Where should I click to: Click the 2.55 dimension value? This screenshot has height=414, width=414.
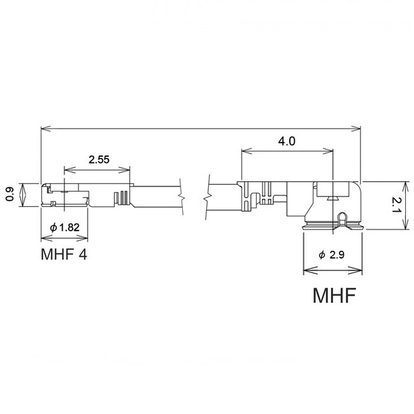[97, 160]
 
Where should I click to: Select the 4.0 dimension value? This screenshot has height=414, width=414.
[287, 141]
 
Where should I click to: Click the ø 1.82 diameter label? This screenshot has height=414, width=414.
[65, 227]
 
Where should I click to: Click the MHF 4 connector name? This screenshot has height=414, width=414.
[64, 256]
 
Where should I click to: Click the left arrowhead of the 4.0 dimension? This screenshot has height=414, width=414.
[245, 150]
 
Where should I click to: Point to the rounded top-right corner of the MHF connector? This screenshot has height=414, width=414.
[356, 185]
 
